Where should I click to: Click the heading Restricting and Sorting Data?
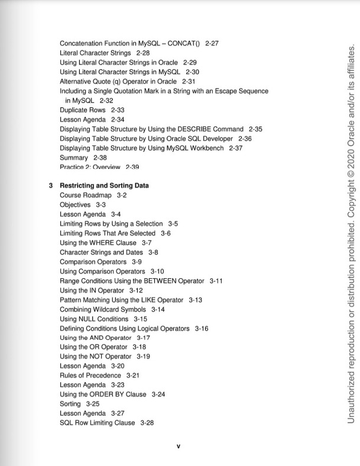tap(104, 185)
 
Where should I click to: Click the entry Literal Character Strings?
tap(97, 53)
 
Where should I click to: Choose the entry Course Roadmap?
tap(86, 195)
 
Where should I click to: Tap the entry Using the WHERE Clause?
tap(98, 243)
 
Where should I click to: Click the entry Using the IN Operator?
tap(92, 290)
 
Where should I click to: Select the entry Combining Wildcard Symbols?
tap(103, 309)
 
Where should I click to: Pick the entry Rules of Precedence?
tap(90, 375)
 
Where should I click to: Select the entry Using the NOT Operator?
tap(96, 357)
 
